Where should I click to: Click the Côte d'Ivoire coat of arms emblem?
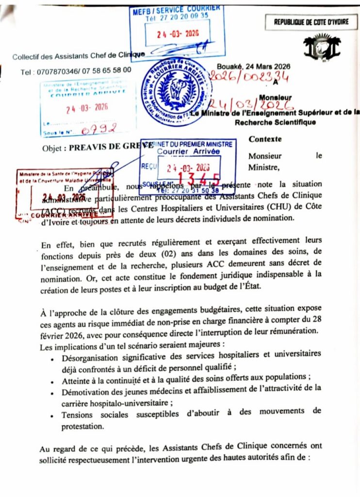322,47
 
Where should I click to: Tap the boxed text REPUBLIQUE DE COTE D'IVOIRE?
311,22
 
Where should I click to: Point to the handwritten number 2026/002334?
249,76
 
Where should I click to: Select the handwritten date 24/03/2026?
251,104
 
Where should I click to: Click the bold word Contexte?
265,139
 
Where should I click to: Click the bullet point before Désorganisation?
52,360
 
